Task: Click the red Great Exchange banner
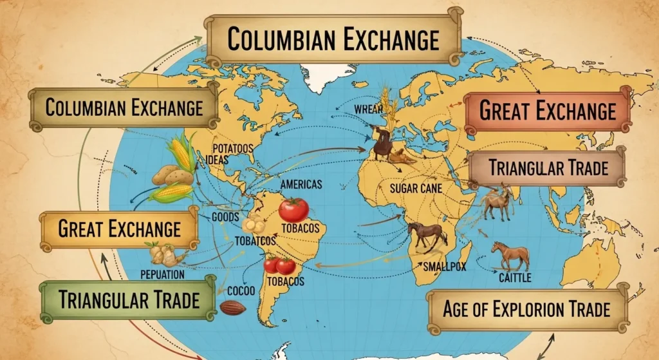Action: (548, 111)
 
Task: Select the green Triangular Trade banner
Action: (128, 299)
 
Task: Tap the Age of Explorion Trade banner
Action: (526, 308)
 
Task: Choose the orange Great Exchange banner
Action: (120, 228)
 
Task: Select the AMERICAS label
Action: (301, 184)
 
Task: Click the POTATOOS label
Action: (232, 148)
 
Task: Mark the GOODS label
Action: (225, 218)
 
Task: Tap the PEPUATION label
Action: (162, 274)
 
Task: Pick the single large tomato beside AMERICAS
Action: (294, 210)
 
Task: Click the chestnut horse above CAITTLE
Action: (510, 256)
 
